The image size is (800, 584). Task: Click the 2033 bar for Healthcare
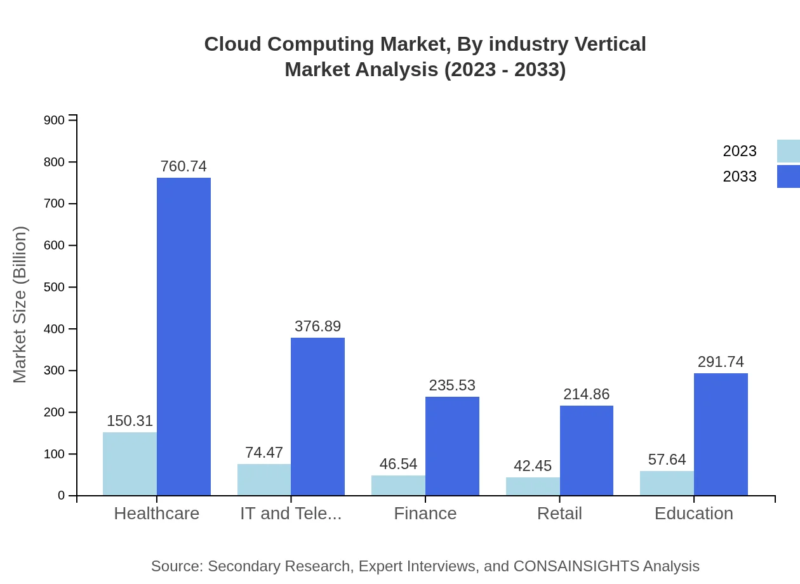(183, 336)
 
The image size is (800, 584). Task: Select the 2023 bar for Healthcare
(130, 463)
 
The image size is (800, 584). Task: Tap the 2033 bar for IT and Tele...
(317, 416)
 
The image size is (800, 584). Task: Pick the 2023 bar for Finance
(398, 486)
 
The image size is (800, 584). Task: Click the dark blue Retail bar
(586, 450)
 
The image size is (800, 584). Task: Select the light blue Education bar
(667, 483)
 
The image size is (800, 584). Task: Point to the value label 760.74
(183, 166)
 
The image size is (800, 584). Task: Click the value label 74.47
(264, 453)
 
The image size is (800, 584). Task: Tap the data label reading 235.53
(452, 385)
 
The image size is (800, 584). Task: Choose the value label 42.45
(533, 466)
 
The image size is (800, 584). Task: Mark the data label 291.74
(721, 362)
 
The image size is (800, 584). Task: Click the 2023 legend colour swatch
(788, 151)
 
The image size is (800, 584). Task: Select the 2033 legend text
(740, 176)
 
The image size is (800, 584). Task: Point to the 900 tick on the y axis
(54, 120)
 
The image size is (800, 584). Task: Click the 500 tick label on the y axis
(54, 287)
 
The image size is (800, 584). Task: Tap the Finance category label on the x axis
(425, 513)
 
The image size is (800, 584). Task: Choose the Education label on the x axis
(693, 513)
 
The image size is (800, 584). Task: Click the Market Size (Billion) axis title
(20, 305)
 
